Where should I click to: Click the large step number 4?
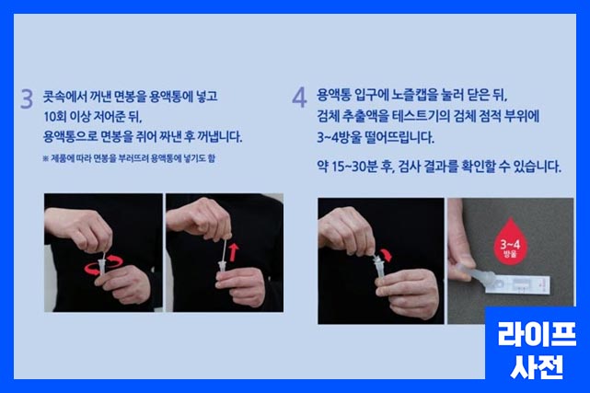click(x=299, y=98)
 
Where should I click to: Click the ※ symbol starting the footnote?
click(x=46, y=158)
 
